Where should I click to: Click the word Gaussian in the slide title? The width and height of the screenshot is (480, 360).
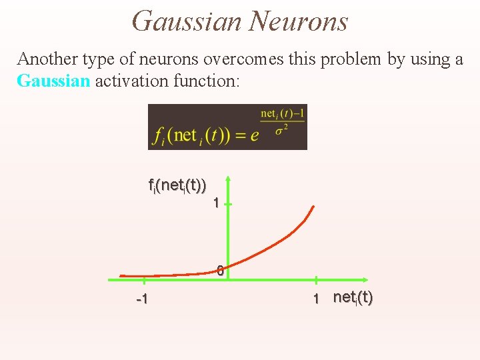point(187,21)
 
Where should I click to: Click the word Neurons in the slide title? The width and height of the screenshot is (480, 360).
point(298,21)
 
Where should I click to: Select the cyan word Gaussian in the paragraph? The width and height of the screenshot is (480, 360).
point(53,81)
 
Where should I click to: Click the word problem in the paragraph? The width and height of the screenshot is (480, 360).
point(352,59)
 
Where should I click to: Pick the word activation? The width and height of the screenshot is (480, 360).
point(127,81)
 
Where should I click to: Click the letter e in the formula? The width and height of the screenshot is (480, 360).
point(254,136)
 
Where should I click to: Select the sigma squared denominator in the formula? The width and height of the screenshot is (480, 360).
point(281,128)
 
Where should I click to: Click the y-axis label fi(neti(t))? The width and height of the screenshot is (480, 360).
point(177,186)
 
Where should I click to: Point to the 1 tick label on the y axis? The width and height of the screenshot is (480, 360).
point(216,203)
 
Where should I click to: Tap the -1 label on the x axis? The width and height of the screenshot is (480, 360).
point(141,299)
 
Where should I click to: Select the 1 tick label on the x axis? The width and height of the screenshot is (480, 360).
point(317,299)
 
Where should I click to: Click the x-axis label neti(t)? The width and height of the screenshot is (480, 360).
point(353,297)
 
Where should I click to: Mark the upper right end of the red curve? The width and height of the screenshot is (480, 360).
point(312,207)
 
